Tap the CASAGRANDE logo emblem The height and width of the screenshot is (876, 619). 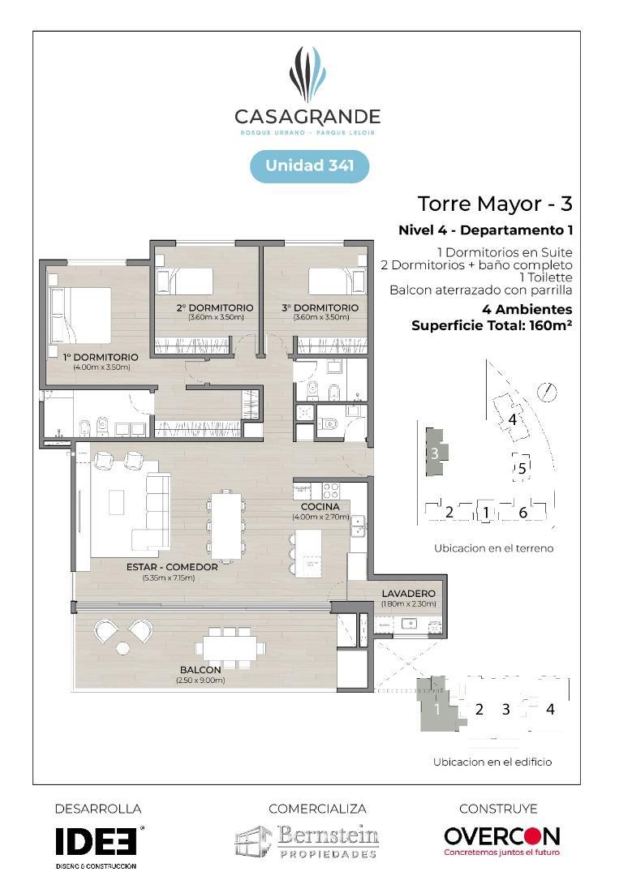point(307,75)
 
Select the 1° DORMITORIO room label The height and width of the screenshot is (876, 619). point(101,357)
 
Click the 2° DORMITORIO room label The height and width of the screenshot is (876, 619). point(215,308)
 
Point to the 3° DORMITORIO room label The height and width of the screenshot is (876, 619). point(321,308)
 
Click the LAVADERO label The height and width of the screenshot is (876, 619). point(409,594)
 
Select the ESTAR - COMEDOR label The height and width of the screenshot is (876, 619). point(172,567)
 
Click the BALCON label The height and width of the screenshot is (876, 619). point(200,670)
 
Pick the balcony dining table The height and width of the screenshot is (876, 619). point(232,646)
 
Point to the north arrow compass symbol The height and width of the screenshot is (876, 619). point(550,393)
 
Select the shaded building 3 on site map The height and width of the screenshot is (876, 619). point(434,453)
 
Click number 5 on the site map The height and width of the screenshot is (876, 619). point(522,468)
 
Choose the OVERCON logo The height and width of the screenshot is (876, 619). point(501,837)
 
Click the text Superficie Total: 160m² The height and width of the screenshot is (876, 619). point(492,325)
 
